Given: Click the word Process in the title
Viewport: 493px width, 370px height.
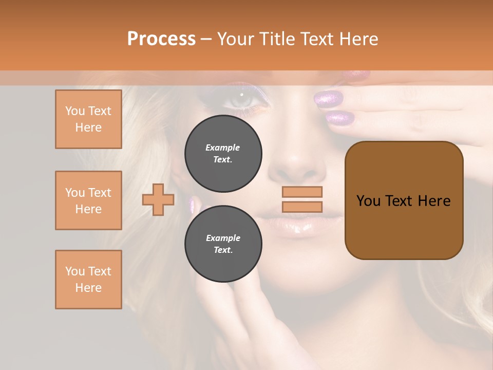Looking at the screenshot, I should [161, 39].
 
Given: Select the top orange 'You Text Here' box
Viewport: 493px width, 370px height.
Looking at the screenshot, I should [88, 119].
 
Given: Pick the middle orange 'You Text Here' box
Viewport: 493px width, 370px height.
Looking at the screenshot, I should [88, 200].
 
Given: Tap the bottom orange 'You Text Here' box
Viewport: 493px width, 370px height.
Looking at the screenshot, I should [88, 280].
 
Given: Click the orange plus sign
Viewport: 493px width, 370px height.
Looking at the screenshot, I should [158, 200].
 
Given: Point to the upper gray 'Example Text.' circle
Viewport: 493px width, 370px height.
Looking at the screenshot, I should [223, 154].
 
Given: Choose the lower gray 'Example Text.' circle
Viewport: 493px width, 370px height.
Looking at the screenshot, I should [223, 244].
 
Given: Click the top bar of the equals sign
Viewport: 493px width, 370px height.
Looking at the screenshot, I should [302, 192].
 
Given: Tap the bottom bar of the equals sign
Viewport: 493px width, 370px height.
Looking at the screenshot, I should [302, 207].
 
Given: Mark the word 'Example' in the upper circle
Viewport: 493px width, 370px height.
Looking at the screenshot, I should [222, 148].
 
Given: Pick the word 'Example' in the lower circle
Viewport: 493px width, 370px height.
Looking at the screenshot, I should [223, 238].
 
